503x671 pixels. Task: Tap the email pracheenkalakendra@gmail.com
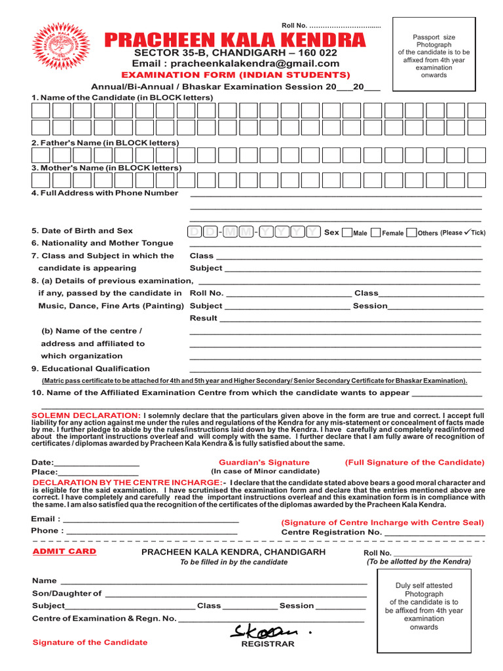click(236, 64)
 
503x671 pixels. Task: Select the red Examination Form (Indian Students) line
click(231, 75)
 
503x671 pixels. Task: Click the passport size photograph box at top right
click(434, 55)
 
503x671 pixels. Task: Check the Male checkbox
click(347, 233)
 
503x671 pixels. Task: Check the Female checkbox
click(376, 233)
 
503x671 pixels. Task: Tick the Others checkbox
click(411, 233)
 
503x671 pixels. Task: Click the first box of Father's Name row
click(41, 155)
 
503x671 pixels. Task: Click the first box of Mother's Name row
click(41, 180)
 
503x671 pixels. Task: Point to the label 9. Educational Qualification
click(90, 368)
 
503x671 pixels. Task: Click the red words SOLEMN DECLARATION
click(86, 415)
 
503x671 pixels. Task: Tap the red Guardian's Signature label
click(264, 462)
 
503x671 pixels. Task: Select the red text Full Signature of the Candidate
click(415, 462)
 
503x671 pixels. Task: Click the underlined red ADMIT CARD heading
click(64, 552)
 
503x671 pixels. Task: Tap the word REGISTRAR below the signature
click(268, 644)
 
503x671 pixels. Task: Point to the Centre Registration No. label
click(331, 532)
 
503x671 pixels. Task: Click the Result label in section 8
click(203, 318)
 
